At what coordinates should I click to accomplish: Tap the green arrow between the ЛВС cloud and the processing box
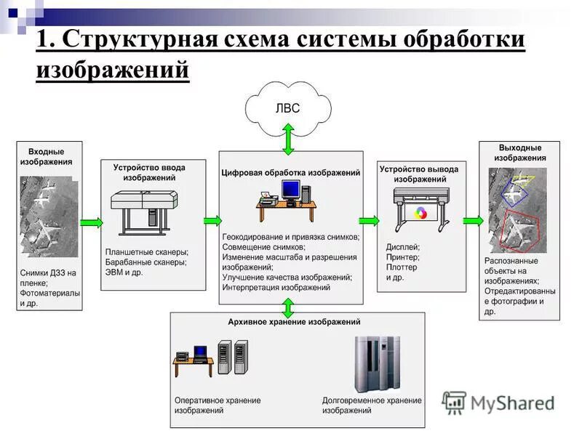[288, 139]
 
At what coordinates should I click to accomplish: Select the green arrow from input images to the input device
[91, 221]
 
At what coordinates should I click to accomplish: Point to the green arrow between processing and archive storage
[288, 307]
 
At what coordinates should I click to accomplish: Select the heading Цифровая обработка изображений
[291, 173]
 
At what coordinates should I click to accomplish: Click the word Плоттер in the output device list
[402, 267]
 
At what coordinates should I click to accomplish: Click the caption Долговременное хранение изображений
[372, 405]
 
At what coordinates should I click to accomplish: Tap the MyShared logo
[499, 403]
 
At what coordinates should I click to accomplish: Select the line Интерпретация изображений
[276, 288]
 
